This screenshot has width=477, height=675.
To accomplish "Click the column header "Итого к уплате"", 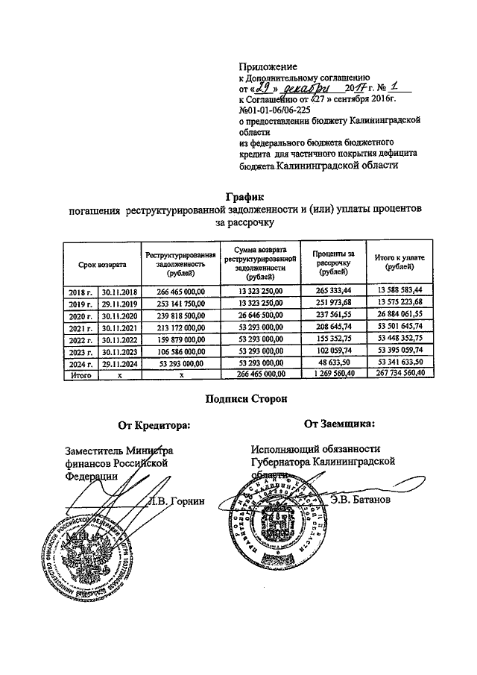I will click(x=399, y=262).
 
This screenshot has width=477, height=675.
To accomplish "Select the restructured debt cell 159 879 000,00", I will click(x=179, y=339).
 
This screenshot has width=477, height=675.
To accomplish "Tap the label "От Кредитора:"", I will click(x=154, y=426).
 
